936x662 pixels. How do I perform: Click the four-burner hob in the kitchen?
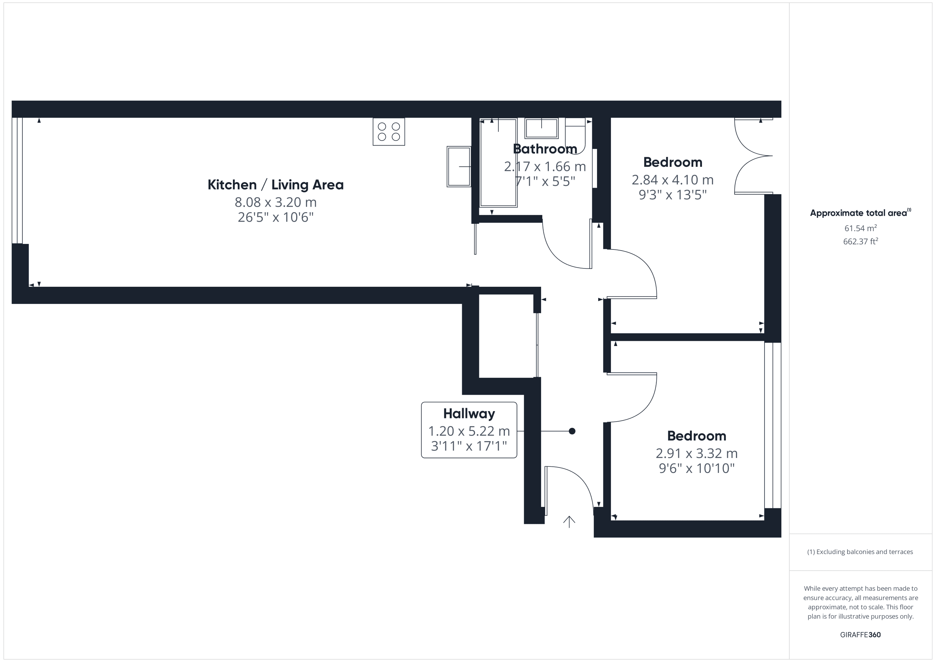pos(389,132)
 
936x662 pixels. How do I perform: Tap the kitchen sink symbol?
pos(459,166)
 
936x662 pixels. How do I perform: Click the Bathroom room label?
pos(545,149)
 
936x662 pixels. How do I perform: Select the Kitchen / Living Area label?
pos(276,185)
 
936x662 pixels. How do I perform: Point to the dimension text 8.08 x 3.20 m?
pos(276,202)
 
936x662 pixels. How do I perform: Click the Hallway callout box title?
pos(469,414)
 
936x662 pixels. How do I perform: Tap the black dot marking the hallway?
pos(572,431)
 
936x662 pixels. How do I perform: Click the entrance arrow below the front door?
pos(569,522)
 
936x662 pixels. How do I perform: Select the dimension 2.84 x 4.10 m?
pos(673,180)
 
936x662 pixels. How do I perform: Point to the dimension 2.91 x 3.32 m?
pos(697,453)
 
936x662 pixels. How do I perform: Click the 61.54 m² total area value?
pos(861,228)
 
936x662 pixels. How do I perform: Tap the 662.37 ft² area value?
pos(861,241)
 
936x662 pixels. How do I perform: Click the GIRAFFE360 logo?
pos(861,635)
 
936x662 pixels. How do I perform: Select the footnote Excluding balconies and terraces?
pos(860,552)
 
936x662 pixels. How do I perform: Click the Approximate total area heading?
pos(860,212)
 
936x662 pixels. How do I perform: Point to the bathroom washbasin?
pos(541,128)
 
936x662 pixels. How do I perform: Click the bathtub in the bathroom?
pos(498,163)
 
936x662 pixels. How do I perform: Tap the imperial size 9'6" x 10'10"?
pos(697,468)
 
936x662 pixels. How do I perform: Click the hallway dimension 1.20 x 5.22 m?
pos(469,431)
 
